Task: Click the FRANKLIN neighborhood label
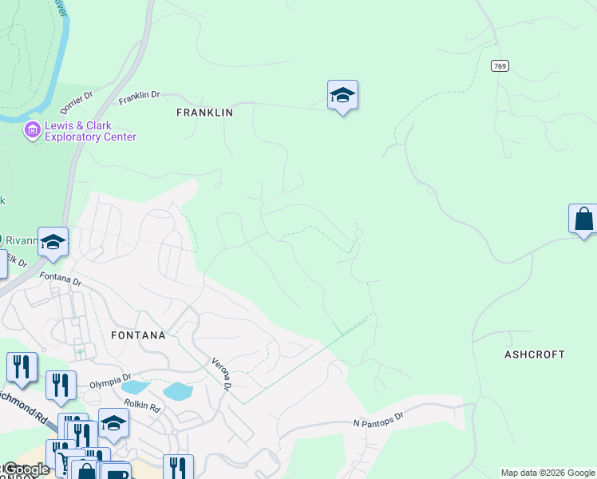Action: (204, 113)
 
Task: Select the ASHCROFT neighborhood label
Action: (534, 354)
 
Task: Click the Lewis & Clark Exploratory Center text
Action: (90, 132)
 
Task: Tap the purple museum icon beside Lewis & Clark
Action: (33, 130)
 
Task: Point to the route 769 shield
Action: (500, 67)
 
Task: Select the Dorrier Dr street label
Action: (77, 101)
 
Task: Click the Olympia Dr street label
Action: (109, 383)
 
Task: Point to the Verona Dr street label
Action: (220, 374)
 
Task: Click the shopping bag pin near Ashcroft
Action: (583, 219)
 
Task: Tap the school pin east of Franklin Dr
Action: (342, 95)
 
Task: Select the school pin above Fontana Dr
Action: (53, 242)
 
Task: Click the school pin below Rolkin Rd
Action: (113, 423)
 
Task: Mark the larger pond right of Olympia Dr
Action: (177, 391)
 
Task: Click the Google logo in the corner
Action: (26, 469)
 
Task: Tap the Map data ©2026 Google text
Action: (548, 473)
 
